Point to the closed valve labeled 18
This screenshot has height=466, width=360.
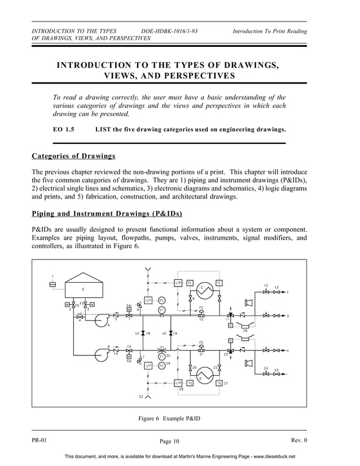(x=143, y=333)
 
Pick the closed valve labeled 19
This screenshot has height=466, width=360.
(x=170, y=333)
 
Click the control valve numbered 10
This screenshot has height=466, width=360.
(x=201, y=314)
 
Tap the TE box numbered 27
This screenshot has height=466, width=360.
(x=218, y=383)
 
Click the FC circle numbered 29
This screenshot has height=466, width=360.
(x=161, y=366)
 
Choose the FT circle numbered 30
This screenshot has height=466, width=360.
(x=161, y=356)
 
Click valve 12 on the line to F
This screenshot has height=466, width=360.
(x=266, y=292)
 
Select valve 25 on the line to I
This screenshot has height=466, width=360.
(x=276, y=374)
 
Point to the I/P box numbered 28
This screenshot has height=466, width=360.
(x=178, y=383)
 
